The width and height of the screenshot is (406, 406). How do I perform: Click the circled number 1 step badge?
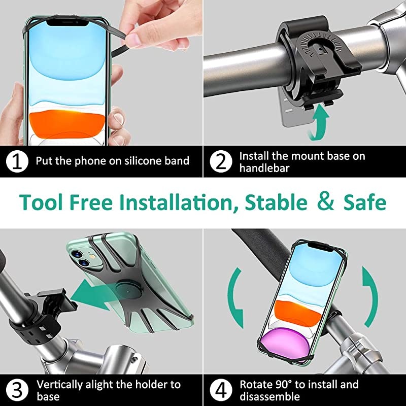pos(17,162)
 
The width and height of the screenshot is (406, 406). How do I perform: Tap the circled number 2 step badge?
pos(221,162)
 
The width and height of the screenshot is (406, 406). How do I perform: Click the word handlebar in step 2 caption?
pos(264,168)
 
